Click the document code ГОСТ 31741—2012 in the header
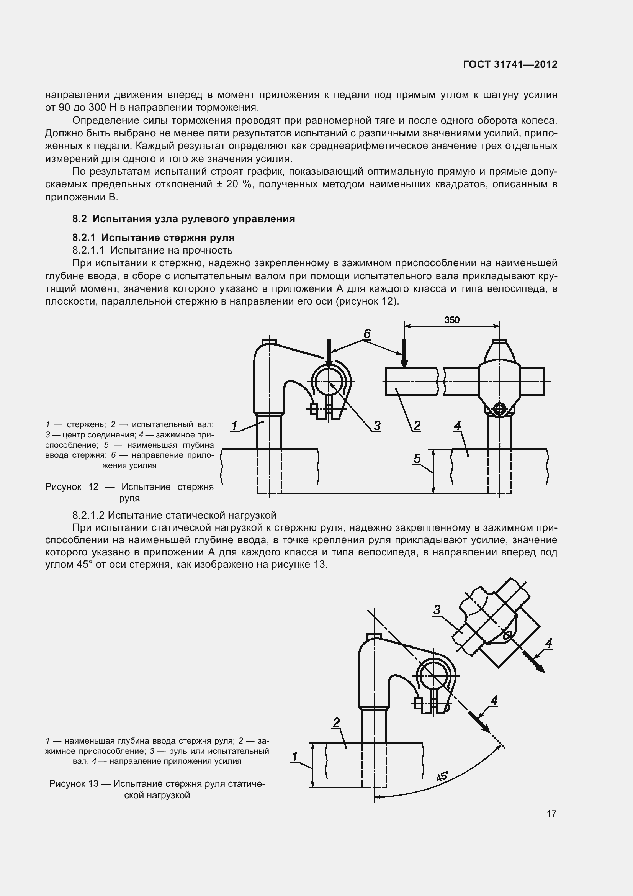pyautogui.click(x=510, y=64)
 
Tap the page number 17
pyautogui.click(x=551, y=814)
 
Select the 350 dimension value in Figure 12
pyautogui.click(x=452, y=320)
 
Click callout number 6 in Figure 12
pyautogui.click(x=367, y=334)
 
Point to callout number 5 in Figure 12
pyautogui.click(x=417, y=459)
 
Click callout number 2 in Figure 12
pyautogui.click(x=417, y=425)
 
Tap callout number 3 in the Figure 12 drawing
pyautogui.click(x=377, y=425)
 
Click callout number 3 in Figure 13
pyautogui.click(x=437, y=609)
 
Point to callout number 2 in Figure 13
pyautogui.click(x=336, y=723)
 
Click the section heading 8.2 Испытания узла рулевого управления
pyautogui.click(x=183, y=219)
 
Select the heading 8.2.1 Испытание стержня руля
pyautogui.click(x=153, y=238)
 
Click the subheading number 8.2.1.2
pyautogui.click(x=88, y=516)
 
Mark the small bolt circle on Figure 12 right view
pyautogui.click(x=500, y=409)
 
